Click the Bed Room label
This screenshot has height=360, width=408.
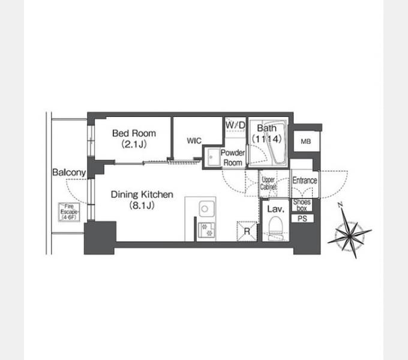click(x=134, y=133)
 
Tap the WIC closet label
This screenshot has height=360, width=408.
click(x=194, y=141)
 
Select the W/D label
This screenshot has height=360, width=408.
click(x=235, y=125)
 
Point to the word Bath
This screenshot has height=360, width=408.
click(x=267, y=128)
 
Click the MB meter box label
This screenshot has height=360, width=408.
click(x=306, y=142)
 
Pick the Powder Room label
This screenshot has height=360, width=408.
click(x=233, y=158)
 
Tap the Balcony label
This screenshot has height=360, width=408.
click(x=69, y=172)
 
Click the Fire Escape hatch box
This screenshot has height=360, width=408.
click(x=69, y=212)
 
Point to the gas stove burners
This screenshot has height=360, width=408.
click(x=207, y=230)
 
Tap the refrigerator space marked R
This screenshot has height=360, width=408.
click(x=247, y=231)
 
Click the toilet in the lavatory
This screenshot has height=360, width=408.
click(x=275, y=229)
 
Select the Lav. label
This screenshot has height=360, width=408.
click(x=276, y=209)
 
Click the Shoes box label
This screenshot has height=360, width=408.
click(x=302, y=205)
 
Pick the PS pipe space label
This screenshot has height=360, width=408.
click(x=302, y=218)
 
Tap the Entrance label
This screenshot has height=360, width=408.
click(x=305, y=180)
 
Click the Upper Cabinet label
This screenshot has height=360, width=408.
click(x=268, y=183)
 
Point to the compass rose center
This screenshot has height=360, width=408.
click(x=349, y=236)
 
